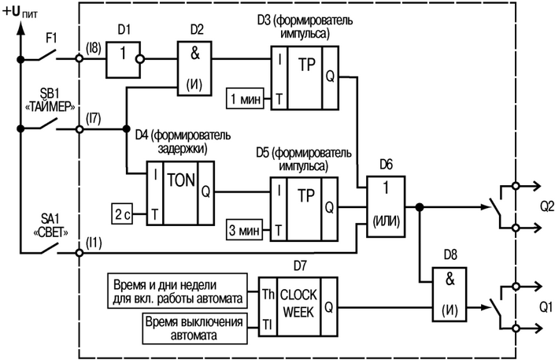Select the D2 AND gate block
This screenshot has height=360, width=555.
[x=198, y=68]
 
